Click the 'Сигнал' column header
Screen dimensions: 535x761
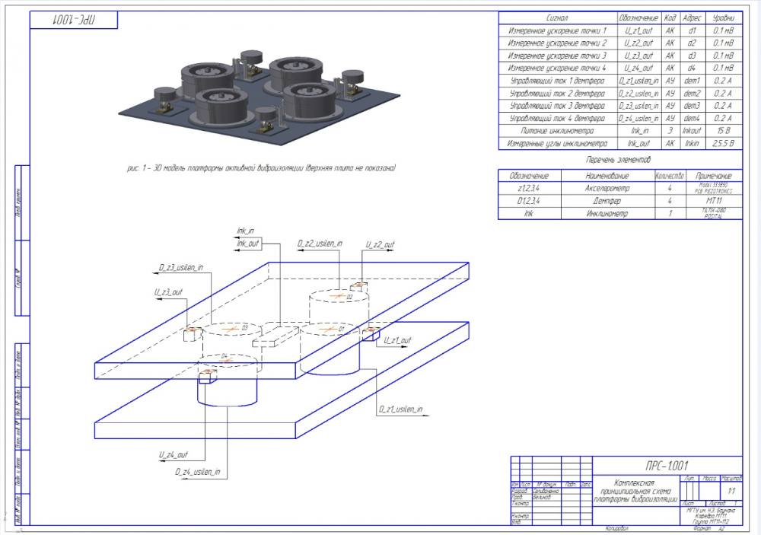click(558, 18)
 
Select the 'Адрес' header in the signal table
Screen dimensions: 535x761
click(692, 18)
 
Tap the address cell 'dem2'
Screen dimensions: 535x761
click(692, 93)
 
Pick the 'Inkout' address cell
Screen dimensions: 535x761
click(692, 130)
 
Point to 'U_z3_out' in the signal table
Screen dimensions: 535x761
click(638, 56)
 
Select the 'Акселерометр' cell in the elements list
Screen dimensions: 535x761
click(607, 187)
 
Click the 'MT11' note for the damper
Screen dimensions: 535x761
click(713, 200)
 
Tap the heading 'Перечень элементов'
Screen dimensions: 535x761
click(619, 160)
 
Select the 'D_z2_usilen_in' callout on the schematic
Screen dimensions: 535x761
click(320, 244)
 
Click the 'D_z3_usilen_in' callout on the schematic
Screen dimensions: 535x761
click(181, 267)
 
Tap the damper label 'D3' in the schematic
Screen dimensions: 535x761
click(244, 327)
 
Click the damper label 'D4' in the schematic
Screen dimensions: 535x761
click(224, 355)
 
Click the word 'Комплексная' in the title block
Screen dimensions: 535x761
click(635, 482)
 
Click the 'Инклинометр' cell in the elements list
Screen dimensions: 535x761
click(607, 214)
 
